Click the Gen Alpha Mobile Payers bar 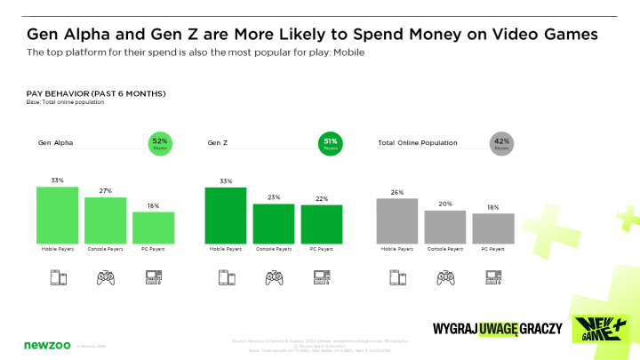[x=57, y=214]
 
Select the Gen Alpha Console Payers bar [x=105, y=220]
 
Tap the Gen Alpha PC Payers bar [x=153, y=227]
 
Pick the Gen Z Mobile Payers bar [x=225, y=214]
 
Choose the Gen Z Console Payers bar [x=273, y=223]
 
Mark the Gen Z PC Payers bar [x=321, y=224]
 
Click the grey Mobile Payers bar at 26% [x=397, y=220]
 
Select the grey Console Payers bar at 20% [x=445, y=226]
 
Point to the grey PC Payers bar [x=492, y=228]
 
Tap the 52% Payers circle [x=160, y=143]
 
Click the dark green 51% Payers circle [x=330, y=143]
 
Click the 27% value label [x=105, y=191]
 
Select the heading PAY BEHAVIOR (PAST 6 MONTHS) [x=96, y=94]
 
